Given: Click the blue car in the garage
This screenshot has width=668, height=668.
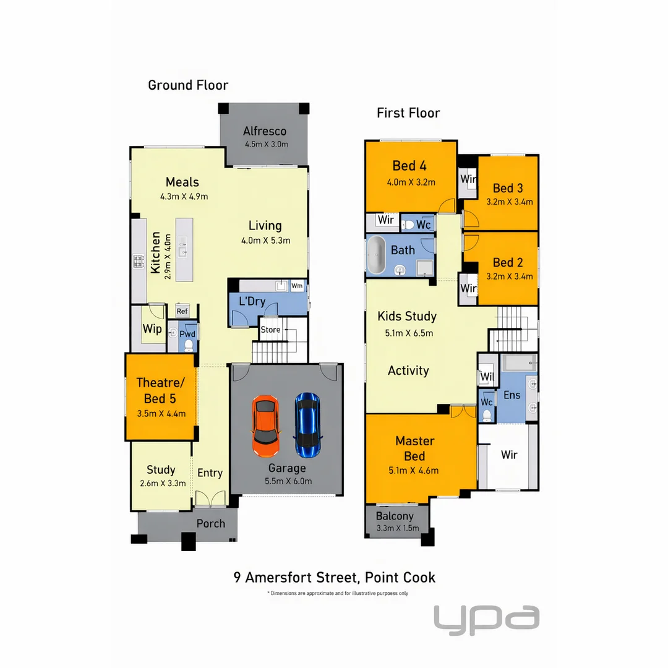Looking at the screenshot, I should coord(307,424).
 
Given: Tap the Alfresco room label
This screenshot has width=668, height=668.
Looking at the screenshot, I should coord(265,131).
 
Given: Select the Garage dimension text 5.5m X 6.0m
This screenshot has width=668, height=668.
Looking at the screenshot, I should coord(287,481).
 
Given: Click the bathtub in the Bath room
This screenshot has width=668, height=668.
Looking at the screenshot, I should coord(376,255).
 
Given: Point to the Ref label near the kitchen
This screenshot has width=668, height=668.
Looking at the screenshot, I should coord(182,311).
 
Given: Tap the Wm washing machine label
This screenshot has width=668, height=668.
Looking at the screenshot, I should coord(297,286).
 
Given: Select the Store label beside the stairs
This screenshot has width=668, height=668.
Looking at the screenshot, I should coord(270,330).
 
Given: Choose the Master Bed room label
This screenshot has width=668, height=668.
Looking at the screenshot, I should coord(414,448).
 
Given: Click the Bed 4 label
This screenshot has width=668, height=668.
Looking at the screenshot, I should coord(409,166).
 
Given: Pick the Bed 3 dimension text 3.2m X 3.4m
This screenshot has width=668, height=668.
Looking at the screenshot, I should coord(510,202).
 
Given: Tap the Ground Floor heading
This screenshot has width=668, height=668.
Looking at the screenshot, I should coord(188,85).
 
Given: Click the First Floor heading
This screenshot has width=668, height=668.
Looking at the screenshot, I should coord(408,113).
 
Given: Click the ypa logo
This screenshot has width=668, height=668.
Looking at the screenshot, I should coord(486,619).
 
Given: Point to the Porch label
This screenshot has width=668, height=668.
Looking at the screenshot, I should coord(211,523).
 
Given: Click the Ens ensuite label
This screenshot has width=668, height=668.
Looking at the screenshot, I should coord(512,395).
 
